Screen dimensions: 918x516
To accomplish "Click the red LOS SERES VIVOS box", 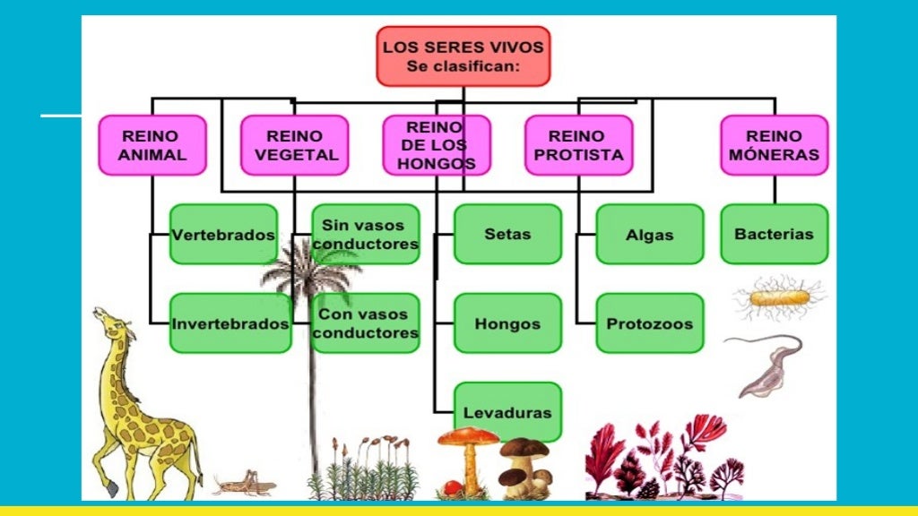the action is pos(463,56).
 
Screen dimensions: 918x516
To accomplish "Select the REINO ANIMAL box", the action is pos(152,145).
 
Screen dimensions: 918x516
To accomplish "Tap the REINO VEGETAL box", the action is pos(294,145).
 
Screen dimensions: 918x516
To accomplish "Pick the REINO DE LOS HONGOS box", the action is pos(437,145).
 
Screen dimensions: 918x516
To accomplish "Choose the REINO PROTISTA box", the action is pos(579,145).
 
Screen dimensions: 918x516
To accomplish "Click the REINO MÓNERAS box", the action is pos(774,145).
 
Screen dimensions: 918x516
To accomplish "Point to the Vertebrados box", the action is pos(223,234).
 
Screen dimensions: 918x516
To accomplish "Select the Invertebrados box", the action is pos(230,322).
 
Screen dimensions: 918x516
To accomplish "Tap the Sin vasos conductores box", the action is pos(366,234).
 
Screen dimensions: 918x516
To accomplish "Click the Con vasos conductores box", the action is pos(366,322).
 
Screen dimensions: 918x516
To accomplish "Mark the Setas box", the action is pos(507,234).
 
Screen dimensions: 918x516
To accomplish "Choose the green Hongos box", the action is pos(507,322).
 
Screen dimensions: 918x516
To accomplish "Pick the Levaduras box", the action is pos(507,412).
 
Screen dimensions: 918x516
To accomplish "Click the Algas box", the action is pos(650,234).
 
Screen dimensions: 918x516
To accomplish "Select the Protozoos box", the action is pos(650,322).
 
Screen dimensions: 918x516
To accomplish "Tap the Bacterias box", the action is pos(774,234).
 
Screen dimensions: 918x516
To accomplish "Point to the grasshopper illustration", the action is pos(245,483).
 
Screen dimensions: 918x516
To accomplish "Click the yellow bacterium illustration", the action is pos(779,298).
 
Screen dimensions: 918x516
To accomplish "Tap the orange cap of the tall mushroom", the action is pos(468,436).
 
